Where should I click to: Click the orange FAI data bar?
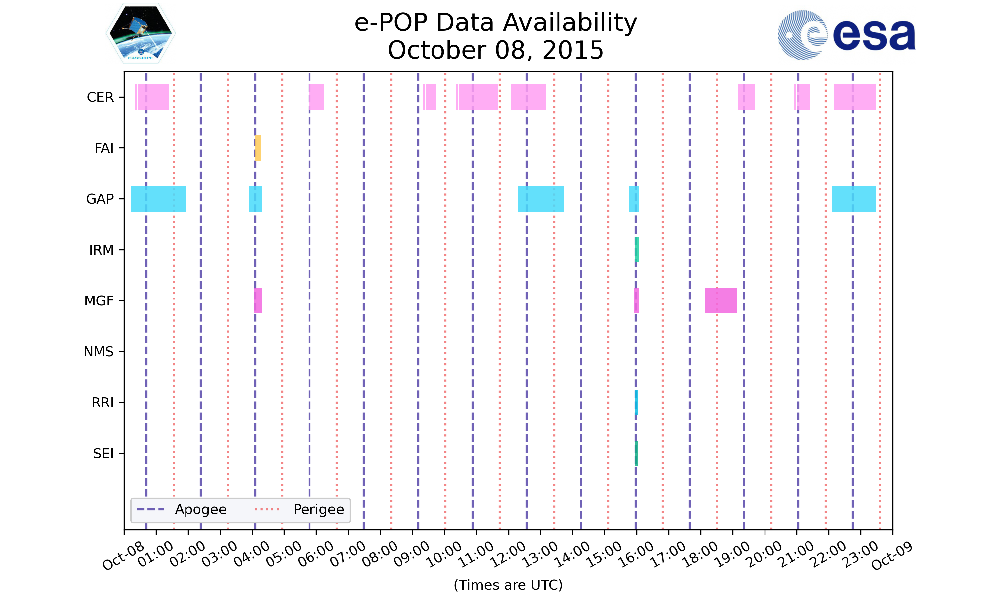(x=258, y=148)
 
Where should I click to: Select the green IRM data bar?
(x=636, y=250)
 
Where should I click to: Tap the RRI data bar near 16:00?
(x=636, y=402)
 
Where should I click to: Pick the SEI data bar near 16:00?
(x=636, y=453)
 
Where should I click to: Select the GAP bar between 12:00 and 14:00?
(x=541, y=199)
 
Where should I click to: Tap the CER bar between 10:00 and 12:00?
(x=477, y=97)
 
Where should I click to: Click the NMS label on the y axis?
(x=99, y=352)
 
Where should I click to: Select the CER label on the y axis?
(x=100, y=97)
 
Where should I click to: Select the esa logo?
(x=846, y=35)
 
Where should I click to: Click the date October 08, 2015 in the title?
(x=496, y=50)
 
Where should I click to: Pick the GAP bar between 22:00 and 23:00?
(x=853, y=199)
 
